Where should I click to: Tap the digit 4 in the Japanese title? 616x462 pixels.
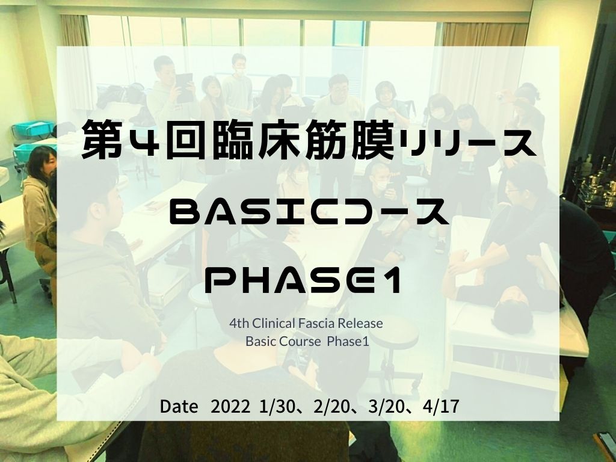pos(141,141)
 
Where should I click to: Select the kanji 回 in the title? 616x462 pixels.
pos(182,140)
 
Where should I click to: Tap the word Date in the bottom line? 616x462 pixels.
pos(179,407)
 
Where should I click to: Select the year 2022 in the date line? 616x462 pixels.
pos(230,407)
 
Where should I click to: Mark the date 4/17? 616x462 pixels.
pos(441,407)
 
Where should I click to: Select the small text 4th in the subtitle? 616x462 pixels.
pos(239,323)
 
